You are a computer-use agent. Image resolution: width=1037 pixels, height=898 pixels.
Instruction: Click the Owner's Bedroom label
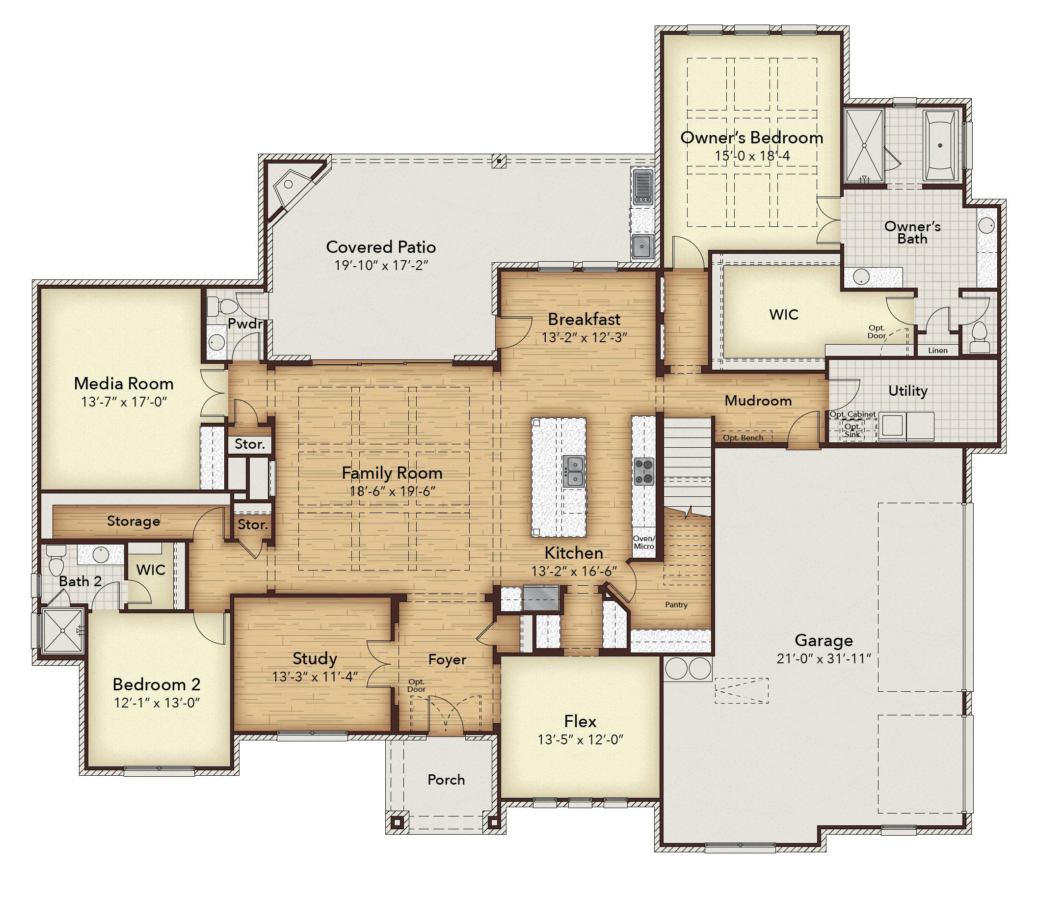tap(751, 137)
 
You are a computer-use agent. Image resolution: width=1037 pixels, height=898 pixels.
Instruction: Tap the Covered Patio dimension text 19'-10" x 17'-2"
tap(381, 265)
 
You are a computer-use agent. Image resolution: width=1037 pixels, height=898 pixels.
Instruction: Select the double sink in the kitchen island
tap(573, 471)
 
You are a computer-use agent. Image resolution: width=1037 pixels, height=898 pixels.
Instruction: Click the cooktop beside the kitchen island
tap(644, 471)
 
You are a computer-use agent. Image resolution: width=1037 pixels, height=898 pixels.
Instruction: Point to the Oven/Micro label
tap(644, 542)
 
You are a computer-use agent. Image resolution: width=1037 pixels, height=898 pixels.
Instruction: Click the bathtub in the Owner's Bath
tap(939, 145)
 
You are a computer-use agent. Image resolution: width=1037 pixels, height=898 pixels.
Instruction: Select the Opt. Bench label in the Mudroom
tap(743, 438)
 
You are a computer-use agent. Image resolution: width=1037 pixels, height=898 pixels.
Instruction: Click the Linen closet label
tap(938, 350)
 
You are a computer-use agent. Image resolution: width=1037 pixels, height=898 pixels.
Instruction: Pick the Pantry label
tap(676, 605)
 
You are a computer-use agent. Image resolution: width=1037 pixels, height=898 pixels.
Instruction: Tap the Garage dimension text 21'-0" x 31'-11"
tap(824, 658)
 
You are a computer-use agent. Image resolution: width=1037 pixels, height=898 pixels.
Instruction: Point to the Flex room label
tap(580, 721)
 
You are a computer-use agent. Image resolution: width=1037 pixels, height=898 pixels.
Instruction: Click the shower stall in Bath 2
tap(63, 630)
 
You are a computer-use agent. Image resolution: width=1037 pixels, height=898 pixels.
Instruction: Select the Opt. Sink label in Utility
tap(852, 430)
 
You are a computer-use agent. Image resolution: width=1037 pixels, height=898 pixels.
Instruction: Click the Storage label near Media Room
tap(133, 521)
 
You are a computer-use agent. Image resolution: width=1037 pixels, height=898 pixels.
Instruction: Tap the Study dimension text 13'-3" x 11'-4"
tap(315, 677)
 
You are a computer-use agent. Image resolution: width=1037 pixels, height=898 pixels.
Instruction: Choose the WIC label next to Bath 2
tap(151, 570)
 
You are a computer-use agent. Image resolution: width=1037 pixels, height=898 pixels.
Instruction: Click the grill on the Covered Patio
tap(643, 187)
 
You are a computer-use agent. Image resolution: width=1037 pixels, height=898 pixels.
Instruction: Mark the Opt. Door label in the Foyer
tap(416, 685)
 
